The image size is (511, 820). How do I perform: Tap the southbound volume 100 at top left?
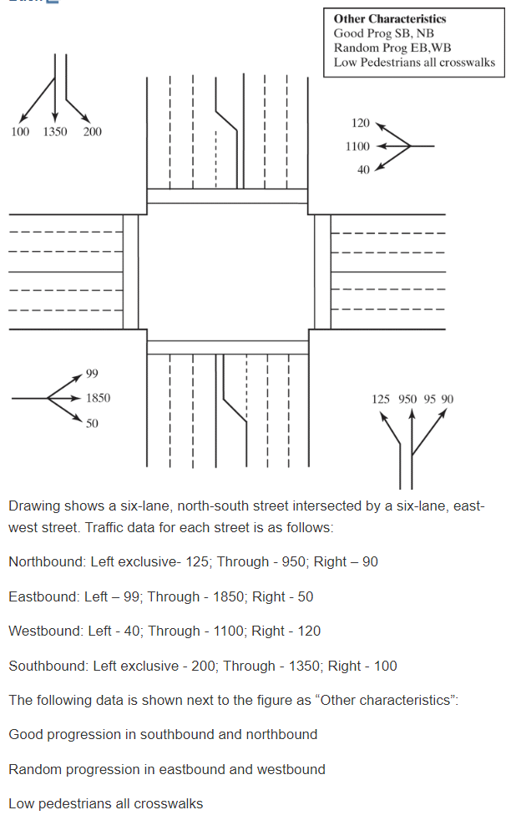20,132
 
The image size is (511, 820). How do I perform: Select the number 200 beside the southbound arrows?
92,132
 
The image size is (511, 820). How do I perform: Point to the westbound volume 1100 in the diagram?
357,147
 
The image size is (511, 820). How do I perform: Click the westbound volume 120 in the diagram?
360,123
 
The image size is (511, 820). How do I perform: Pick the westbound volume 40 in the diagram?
363,170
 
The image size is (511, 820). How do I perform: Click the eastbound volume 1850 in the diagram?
98,399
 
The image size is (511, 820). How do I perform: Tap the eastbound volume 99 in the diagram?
92,373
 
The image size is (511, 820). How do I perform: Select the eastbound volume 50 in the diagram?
92,424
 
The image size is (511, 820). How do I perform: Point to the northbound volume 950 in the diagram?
407,400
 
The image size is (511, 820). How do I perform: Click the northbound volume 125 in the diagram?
381,400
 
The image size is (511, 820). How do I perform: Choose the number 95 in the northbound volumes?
430,400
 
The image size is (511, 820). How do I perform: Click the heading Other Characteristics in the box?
389,19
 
